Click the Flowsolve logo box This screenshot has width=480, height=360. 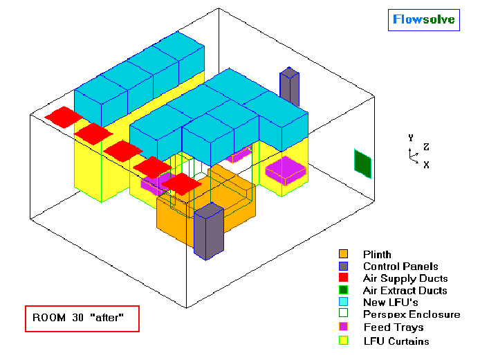(424, 20)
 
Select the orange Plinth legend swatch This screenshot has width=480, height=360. (344, 254)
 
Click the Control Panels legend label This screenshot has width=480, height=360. (400, 267)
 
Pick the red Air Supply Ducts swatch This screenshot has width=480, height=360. (344, 278)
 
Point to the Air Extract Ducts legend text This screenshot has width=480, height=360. (405, 290)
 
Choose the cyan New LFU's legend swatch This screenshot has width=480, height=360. (344, 301)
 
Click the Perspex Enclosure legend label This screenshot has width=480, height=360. (412, 314)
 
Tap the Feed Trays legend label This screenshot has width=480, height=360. (394, 327)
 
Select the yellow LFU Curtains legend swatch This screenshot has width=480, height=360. (344, 341)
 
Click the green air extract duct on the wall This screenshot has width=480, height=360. (362, 164)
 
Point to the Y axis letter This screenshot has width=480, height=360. (411, 138)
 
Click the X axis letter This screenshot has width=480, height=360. (426, 165)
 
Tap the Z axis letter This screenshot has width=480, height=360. (426, 147)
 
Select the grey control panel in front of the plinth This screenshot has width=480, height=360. (209, 231)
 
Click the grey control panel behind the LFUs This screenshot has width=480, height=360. (290, 87)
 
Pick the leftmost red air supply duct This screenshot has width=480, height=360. (64, 117)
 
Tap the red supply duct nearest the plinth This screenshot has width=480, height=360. (181, 184)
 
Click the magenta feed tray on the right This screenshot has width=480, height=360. (286, 170)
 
